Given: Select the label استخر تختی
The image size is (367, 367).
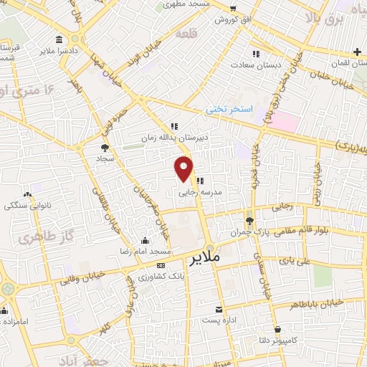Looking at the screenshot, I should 229,109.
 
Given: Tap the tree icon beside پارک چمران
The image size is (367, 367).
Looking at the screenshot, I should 250,221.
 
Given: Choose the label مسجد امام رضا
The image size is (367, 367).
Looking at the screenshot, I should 146,252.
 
